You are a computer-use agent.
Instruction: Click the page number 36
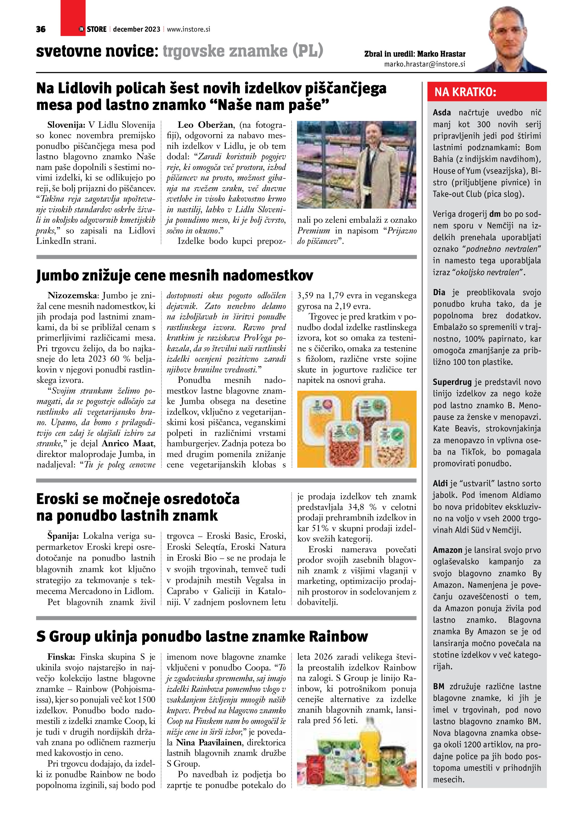point(41,29)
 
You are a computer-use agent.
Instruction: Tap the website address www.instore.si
point(188,29)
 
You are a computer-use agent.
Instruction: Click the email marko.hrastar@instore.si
point(425,64)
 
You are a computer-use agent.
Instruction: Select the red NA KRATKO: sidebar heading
point(465,92)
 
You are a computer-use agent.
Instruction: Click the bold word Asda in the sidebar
point(442,113)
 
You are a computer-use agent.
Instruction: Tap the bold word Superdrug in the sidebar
point(452,382)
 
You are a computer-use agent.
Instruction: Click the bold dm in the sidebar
point(495,214)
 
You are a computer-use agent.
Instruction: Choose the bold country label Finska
point(61,657)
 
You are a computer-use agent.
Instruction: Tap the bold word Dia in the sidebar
point(439,293)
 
